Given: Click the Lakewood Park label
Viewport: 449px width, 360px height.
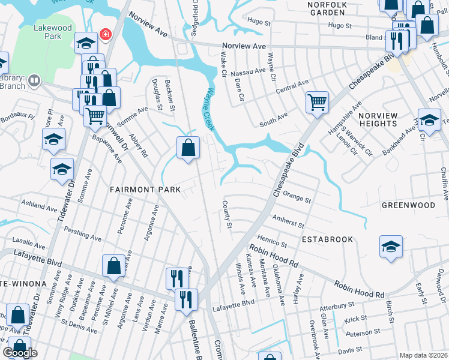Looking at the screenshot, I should pos(52,32).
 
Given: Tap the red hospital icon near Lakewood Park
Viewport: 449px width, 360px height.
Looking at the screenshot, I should pos(106,34).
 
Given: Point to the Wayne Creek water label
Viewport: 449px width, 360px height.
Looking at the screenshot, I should pos(206,103).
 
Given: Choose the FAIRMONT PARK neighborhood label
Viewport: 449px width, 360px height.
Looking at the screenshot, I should pos(145,189).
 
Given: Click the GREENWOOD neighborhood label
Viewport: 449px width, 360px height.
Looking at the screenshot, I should pos(408,205).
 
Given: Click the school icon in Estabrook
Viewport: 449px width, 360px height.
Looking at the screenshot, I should pos(391,247).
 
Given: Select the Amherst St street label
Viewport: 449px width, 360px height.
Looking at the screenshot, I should pos(288,222).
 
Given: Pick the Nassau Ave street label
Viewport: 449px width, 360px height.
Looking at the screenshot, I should pos(252,71).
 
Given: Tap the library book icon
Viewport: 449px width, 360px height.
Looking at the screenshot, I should pos(34,80).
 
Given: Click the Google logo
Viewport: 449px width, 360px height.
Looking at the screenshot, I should pos(20,353).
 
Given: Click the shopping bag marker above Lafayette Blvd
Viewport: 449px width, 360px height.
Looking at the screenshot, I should pos(113,266).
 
